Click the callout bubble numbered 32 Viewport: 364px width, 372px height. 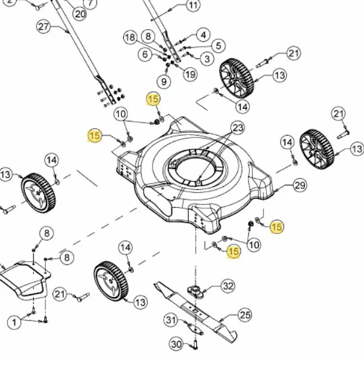click(228, 286)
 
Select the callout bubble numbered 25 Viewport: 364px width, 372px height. click(245, 315)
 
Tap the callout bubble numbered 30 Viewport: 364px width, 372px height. click(176, 344)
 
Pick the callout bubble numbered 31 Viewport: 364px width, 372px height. click(171, 320)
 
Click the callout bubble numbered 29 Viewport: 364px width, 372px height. click(300, 185)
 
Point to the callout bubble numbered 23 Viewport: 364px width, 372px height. click(238, 128)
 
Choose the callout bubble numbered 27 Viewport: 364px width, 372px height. click(43, 27)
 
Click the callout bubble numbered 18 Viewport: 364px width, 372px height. click(130, 37)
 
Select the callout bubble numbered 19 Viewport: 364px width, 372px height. click(190, 74)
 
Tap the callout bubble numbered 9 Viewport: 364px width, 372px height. click(164, 82)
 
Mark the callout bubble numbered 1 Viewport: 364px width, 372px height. click(14, 322)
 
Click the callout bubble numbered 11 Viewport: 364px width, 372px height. click(192, 5)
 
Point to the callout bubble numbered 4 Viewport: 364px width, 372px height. click(203, 35)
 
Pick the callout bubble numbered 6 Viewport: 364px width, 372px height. click(145, 54)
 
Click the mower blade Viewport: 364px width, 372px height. click(196, 312)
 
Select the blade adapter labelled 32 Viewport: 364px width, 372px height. click(195, 292)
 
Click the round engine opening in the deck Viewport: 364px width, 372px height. click(194, 168)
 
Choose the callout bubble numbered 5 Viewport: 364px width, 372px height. click(219, 46)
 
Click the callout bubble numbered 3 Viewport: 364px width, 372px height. click(207, 58)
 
